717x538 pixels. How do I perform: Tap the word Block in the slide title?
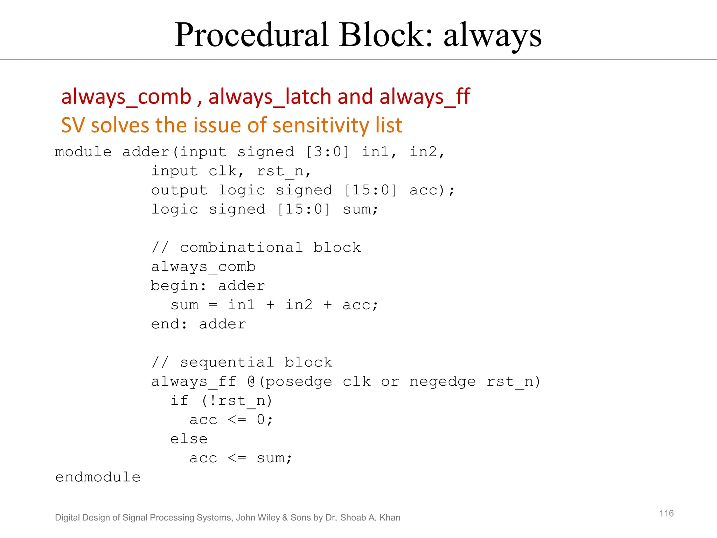[x=385, y=35]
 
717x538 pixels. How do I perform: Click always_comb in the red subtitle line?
[x=126, y=97]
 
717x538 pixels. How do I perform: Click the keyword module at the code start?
[x=83, y=152]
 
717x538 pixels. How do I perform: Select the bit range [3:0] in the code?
[x=327, y=152]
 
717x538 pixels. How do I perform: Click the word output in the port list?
[x=179, y=191]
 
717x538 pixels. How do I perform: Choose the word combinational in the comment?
[x=241, y=248]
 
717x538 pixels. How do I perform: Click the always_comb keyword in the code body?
[x=203, y=267]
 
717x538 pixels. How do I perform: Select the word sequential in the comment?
[x=227, y=363]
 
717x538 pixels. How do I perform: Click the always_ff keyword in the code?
[x=194, y=382]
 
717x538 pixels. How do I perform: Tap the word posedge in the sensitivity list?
[x=299, y=382]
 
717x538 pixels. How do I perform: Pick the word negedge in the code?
[x=443, y=382]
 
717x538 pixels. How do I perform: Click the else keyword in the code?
[x=189, y=439]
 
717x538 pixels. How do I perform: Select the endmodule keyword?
[x=98, y=477]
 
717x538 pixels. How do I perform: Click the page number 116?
[x=666, y=513]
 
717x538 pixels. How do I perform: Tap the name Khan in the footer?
[x=389, y=518]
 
